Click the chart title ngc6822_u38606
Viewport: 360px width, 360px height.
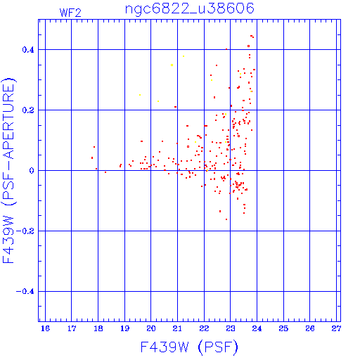190,9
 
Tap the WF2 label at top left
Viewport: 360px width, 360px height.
70,13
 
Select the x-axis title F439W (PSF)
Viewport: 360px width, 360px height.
189,347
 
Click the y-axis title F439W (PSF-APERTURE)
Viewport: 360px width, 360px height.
8,171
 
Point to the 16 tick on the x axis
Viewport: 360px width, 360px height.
45,328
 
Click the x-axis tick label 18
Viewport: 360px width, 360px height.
98,328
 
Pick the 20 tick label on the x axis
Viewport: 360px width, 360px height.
151,328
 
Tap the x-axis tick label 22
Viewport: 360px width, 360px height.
204,328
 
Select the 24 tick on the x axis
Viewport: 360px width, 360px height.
257,328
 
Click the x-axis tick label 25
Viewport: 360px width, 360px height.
283,328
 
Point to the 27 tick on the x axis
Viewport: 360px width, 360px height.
336,328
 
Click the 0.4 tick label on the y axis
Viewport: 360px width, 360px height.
28,50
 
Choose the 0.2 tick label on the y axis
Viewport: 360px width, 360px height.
28,110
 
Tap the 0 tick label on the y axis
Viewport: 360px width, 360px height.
32,171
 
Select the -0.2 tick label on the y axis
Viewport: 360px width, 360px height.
25,231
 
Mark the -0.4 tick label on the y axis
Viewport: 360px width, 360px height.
25,292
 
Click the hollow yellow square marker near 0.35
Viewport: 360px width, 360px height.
172,65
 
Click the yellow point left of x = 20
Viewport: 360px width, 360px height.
140,95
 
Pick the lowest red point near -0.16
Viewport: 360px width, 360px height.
226,219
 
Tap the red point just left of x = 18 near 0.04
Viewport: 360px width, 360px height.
92,158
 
